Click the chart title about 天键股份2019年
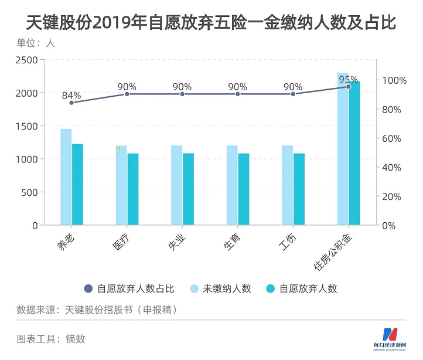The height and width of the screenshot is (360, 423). (x=211, y=22)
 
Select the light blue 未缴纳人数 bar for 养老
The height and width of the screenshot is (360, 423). (x=66, y=176)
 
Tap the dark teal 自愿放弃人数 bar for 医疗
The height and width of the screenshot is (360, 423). (x=133, y=189)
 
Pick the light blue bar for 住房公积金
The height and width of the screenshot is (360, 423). (x=343, y=149)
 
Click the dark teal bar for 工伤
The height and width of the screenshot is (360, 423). (x=299, y=189)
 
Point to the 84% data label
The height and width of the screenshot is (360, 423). (x=71, y=95)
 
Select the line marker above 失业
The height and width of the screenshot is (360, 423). (x=182, y=94)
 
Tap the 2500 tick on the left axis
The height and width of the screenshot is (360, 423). (x=26, y=60)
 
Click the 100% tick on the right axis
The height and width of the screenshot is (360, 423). (x=395, y=80)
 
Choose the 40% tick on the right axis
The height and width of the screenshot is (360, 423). (x=393, y=168)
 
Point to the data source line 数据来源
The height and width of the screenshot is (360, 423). (x=97, y=309)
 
